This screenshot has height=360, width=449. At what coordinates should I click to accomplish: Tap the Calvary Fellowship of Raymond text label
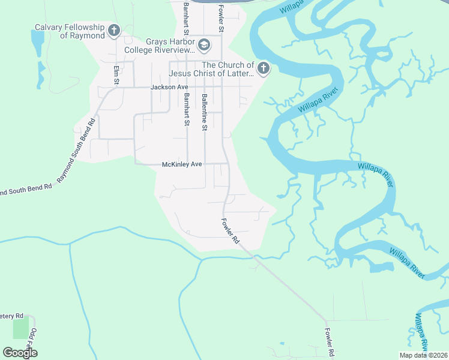click(70, 31)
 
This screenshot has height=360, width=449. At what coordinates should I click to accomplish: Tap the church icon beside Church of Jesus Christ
click(264, 68)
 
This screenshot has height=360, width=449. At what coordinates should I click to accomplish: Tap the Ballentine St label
click(205, 112)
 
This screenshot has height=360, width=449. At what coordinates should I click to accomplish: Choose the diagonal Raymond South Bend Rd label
click(76, 150)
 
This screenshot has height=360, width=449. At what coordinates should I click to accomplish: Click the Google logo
click(20, 352)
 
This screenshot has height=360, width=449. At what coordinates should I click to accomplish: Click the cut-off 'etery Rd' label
click(11, 316)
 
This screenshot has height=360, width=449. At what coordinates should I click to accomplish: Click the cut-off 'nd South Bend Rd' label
click(26, 190)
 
